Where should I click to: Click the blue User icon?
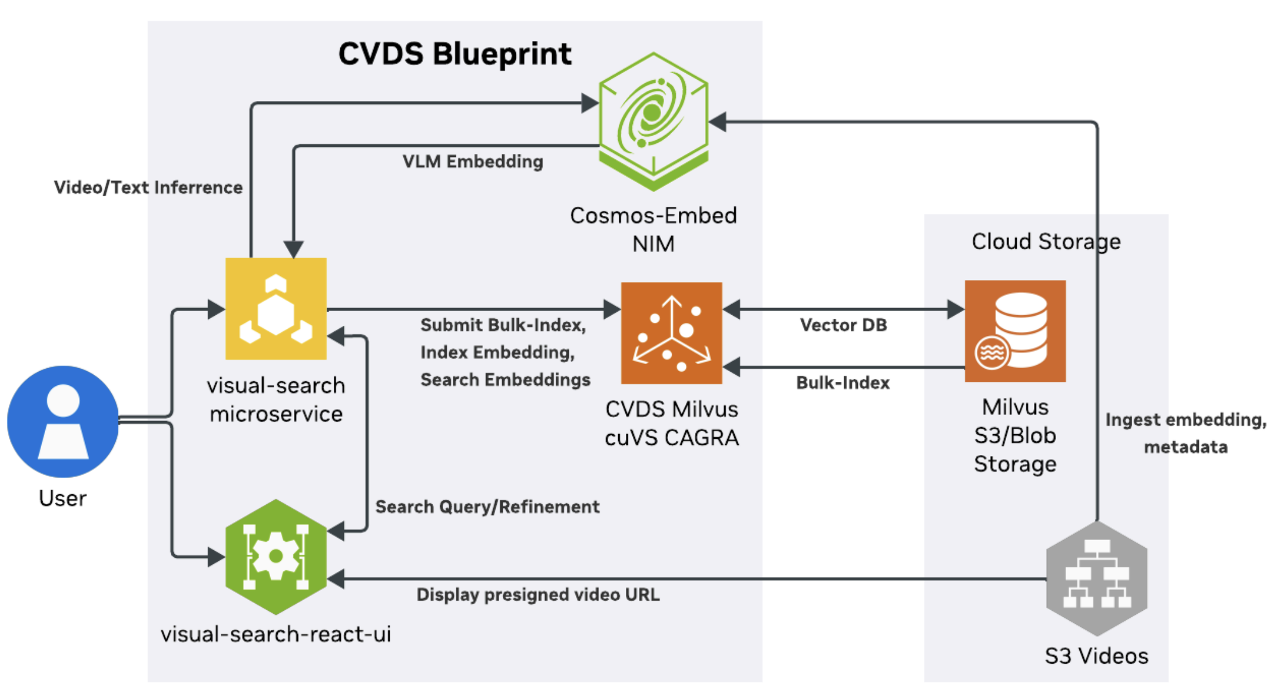[x=62, y=421]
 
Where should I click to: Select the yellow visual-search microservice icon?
[x=275, y=308]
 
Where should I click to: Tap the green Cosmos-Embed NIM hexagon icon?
[x=653, y=121]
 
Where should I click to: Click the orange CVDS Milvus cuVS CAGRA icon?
[x=671, y=332]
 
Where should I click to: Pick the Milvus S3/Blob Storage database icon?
[x=1014, y=331]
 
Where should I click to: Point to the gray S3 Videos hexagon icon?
[x=1096, y=578]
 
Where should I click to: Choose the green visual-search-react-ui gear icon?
[x=275, y=557]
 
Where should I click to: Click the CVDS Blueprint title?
[x=455, y=54]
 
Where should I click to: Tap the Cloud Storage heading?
[x=1045, y=241]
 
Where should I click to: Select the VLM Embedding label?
[x=472, y=161]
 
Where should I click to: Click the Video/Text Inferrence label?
[x=148, y=187]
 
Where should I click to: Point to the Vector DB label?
[x=843, y=325]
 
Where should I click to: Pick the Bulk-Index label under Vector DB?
[x=842, y=382]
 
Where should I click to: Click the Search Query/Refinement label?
[x=487, y=507]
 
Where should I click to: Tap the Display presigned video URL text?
[x=538, y=595]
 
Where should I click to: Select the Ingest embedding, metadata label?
[x=1185, y=433]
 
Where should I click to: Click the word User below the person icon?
[x=62, y=498]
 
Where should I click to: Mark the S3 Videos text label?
[x=1096, y=656]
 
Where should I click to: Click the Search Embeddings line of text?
[x=505, y=379]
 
